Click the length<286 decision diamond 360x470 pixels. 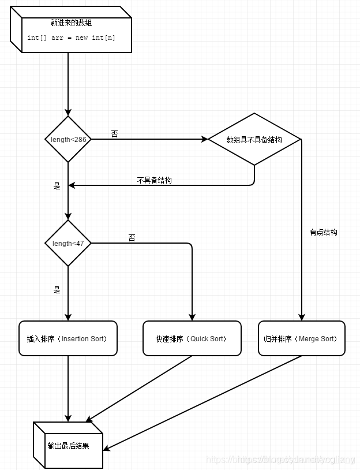click(68, 139)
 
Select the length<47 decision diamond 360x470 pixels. click(68, 243)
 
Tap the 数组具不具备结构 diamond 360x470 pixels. click(254, 140)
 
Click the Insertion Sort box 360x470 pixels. click(68, 338)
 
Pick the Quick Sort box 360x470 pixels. click(192, 338)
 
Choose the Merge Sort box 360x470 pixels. click(301, 338)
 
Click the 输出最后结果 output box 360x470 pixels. click(68, 446)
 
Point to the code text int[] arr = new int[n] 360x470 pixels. click(72, 38)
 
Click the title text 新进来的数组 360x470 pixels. click(72, 24)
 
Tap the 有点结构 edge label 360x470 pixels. click(323, 232)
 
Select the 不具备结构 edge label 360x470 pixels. click(154, 180)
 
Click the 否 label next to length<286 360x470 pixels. click(114, 133)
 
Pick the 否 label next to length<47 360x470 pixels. click(132, 237)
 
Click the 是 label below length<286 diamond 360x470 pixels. click(57, 186)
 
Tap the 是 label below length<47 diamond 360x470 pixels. click(57, 290)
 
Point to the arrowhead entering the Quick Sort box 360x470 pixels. click(192, 317)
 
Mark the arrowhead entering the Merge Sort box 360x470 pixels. click(301, 317)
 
